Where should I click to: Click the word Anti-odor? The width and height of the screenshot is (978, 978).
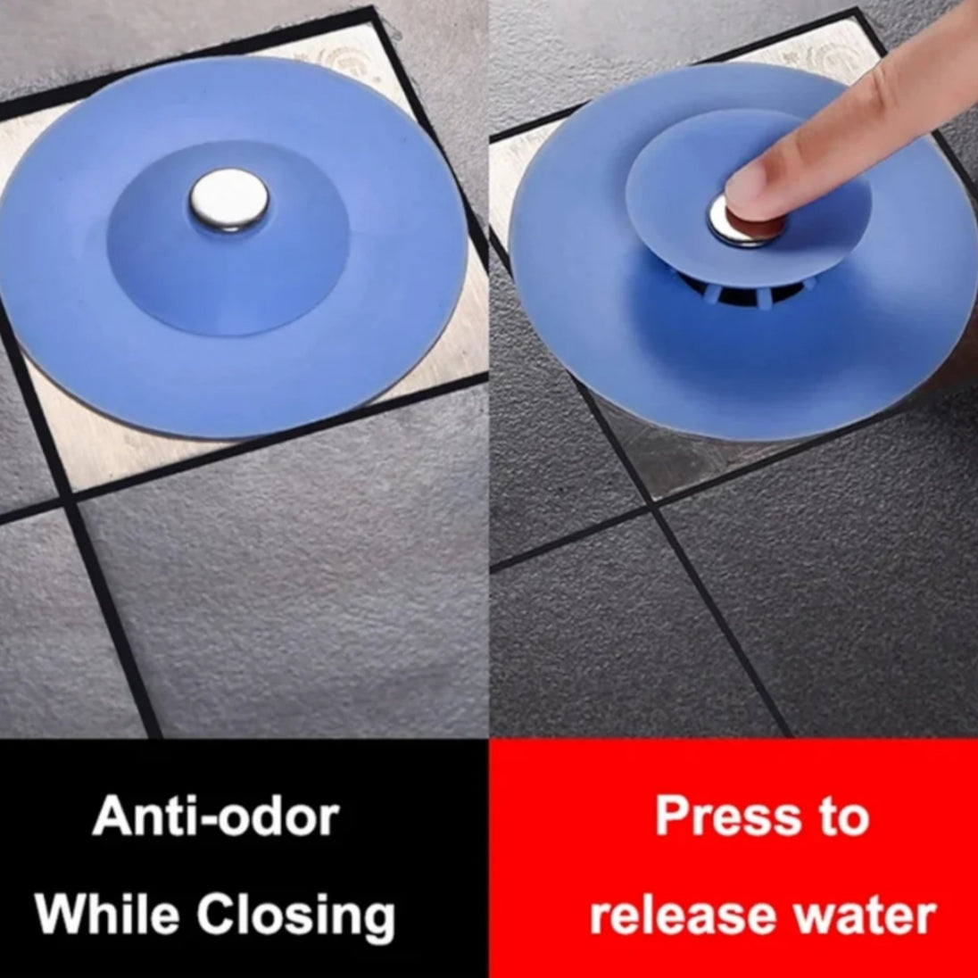[x=216, y=816]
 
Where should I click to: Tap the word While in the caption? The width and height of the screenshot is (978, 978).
[x=107, y=914]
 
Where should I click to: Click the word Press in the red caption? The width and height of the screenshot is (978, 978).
[x=727, y=816]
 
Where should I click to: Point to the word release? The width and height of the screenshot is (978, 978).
[x=683, y=915]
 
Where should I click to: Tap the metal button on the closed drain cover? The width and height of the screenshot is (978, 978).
[x=229, y=199]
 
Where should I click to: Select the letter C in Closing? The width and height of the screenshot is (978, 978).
[x=217, y=914]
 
